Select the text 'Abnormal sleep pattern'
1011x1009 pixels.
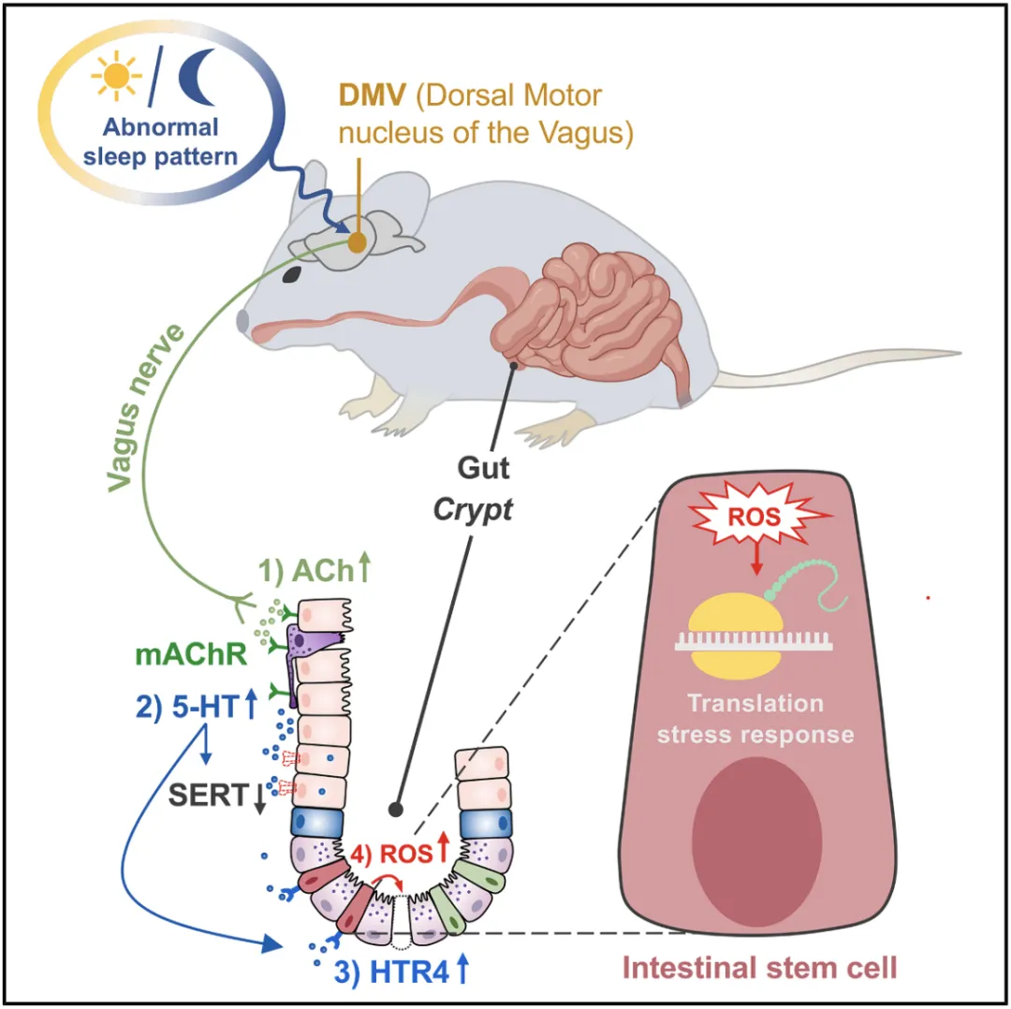point(161,140)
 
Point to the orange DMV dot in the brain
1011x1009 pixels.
point(357,241)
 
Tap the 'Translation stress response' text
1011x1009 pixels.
point(755,718)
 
